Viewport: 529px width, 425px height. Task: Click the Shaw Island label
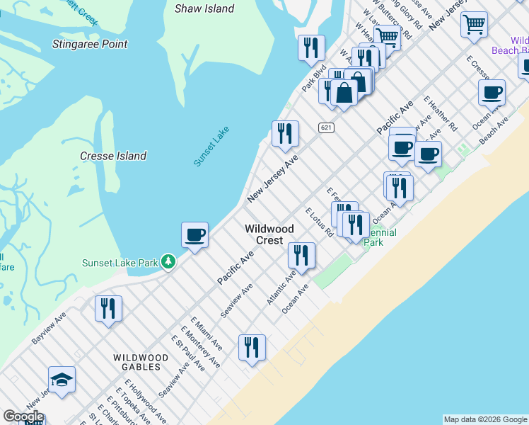[204, 8]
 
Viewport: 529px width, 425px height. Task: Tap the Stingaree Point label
[90, 44]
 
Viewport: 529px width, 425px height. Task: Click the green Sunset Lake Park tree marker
[168, 262]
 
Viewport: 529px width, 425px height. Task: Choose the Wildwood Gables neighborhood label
[141, 363]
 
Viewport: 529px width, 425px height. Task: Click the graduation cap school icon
[62, 380]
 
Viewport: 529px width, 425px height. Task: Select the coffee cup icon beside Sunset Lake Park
[194, 234]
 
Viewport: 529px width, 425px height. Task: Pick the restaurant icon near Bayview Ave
[108, 308]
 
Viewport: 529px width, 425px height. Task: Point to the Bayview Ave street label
[49, 327]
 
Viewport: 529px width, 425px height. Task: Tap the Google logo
[23, 416]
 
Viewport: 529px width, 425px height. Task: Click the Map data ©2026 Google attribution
[485, 419]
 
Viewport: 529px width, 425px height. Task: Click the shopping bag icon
[344, 93]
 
